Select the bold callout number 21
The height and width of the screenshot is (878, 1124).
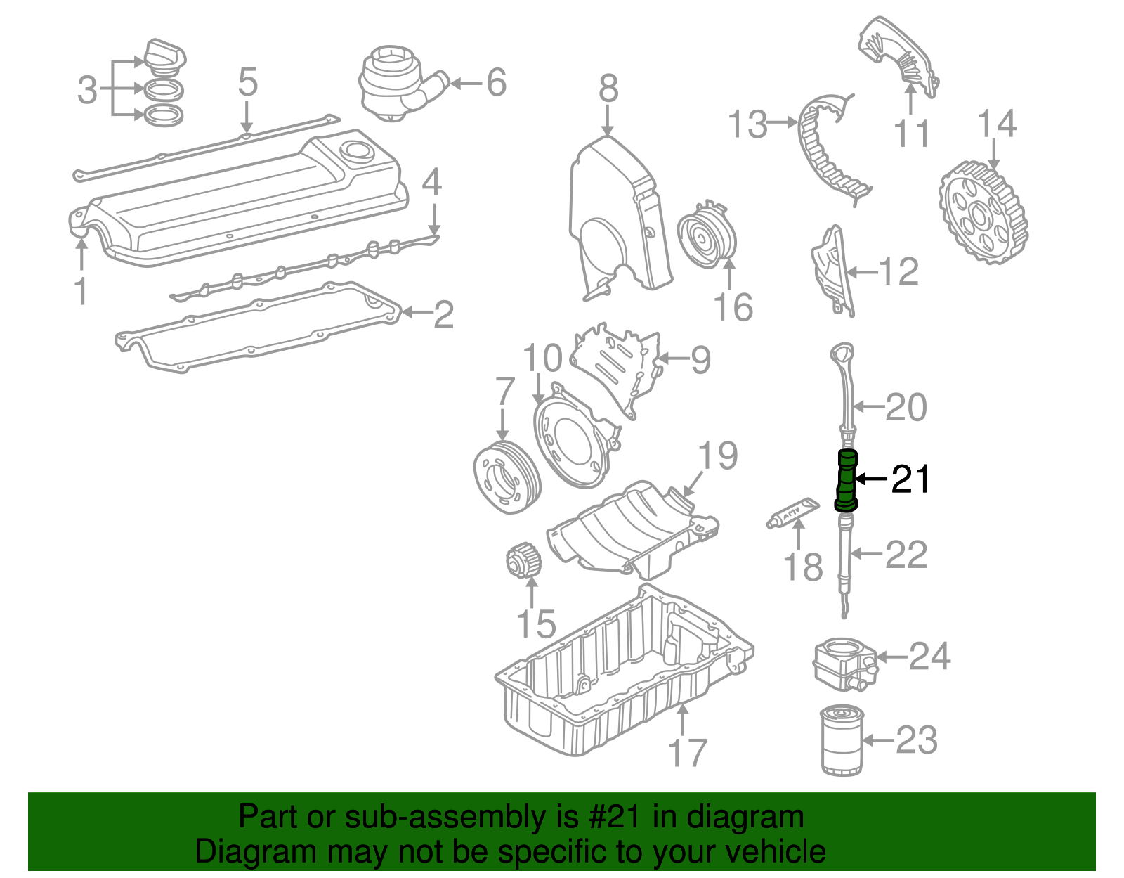910,479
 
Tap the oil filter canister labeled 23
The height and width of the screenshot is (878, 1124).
841,741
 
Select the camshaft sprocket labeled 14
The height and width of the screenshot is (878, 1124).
983,212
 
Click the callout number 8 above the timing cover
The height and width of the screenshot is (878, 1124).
608,89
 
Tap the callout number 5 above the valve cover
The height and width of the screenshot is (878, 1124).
247,82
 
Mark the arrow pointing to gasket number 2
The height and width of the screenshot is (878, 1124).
415,312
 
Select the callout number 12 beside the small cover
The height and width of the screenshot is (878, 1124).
898,272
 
